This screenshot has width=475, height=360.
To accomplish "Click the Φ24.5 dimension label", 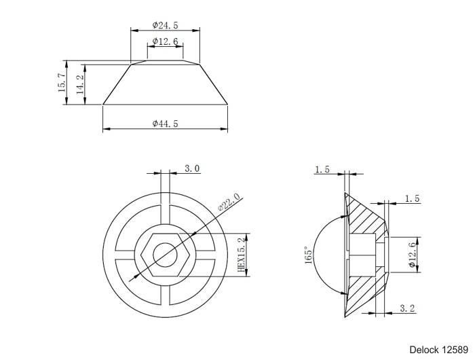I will (x=165, y=25).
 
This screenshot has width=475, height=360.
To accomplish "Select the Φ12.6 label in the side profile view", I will (x=165, y=42).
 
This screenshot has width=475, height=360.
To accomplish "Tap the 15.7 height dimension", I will (x=61, y=83).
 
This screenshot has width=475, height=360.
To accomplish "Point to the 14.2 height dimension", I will (x=79, y=85).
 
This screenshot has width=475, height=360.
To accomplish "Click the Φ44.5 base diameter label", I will (x=165, y=124).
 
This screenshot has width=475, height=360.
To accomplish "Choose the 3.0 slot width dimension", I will (x=192, y=168).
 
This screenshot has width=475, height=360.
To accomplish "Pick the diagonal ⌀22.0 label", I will (x=229, y=203).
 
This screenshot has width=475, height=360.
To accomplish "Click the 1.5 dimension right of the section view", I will (x=412, y=198).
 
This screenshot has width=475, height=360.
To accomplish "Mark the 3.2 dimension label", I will (x=407, y=308).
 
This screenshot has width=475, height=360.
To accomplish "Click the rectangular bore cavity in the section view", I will (x=364, y=254).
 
